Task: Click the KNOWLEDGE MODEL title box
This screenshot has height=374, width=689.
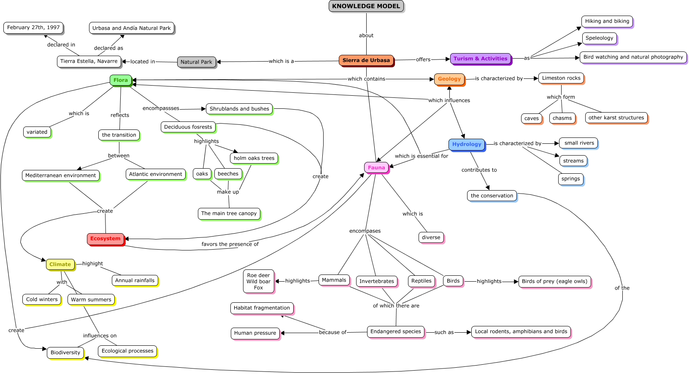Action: [x=366, y=6]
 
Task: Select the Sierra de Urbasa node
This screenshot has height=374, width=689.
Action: [x=366, y=60]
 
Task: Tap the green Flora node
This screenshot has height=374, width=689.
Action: [x=120, y=80]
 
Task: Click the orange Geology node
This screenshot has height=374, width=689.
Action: [x=449, y=79]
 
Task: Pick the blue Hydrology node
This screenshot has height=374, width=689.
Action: [x=467, y=144]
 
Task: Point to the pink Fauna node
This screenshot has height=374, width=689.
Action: [x=376, y=167]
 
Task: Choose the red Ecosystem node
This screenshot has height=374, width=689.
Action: [x=105, y=239]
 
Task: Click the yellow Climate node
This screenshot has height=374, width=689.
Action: [x=60, y=264]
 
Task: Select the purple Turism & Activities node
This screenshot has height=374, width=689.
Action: [x=480, y=59]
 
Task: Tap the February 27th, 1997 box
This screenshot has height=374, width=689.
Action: [x=33, y=27]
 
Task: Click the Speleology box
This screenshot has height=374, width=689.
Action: [x=599, y=38]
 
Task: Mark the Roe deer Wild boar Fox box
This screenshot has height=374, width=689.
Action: [x=258, y=281]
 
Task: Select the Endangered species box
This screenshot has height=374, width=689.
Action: [x=395, y=331]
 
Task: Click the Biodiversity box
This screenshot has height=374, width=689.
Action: [x=65, y=352]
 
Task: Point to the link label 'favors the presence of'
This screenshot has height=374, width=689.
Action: [x=230, y=244]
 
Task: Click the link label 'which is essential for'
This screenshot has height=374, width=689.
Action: [x=421, y=156]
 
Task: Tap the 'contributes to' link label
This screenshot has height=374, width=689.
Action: [x=479, y=170]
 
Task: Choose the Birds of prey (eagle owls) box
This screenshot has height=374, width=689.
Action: [x=554, y=281]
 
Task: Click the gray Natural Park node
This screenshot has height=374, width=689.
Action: [x=196, y=62]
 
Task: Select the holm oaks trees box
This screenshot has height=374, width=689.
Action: [x=254, y=158]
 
